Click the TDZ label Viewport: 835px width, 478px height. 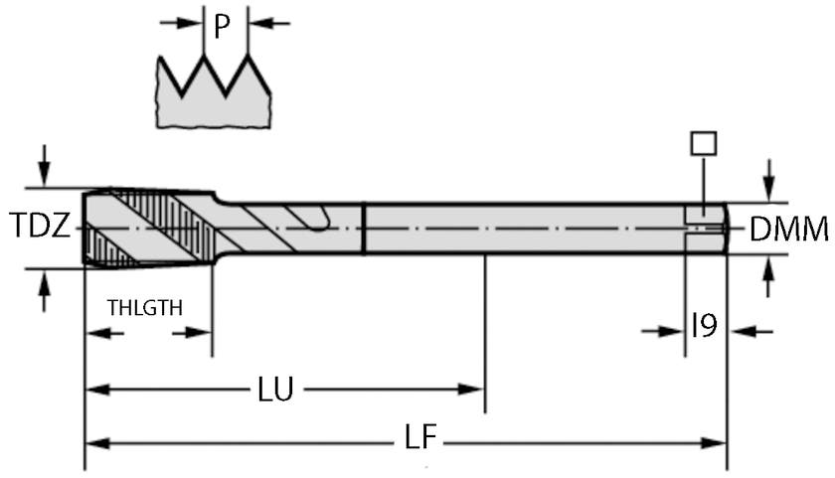click(40, 228)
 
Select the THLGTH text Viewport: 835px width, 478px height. click(145, 307)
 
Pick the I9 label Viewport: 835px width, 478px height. click(704, 327)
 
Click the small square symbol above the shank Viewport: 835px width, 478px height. click(703, 143)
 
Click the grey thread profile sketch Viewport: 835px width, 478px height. click(214, 99)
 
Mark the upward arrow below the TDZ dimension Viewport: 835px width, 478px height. click(43, 293)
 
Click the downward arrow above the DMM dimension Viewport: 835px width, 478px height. click(767, 179)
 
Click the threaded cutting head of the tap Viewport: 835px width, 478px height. click(149, 228)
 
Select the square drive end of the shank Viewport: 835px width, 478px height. click(705, 229)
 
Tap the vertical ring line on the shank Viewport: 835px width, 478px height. click(364, 229)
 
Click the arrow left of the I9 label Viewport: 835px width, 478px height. click(663, 330)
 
